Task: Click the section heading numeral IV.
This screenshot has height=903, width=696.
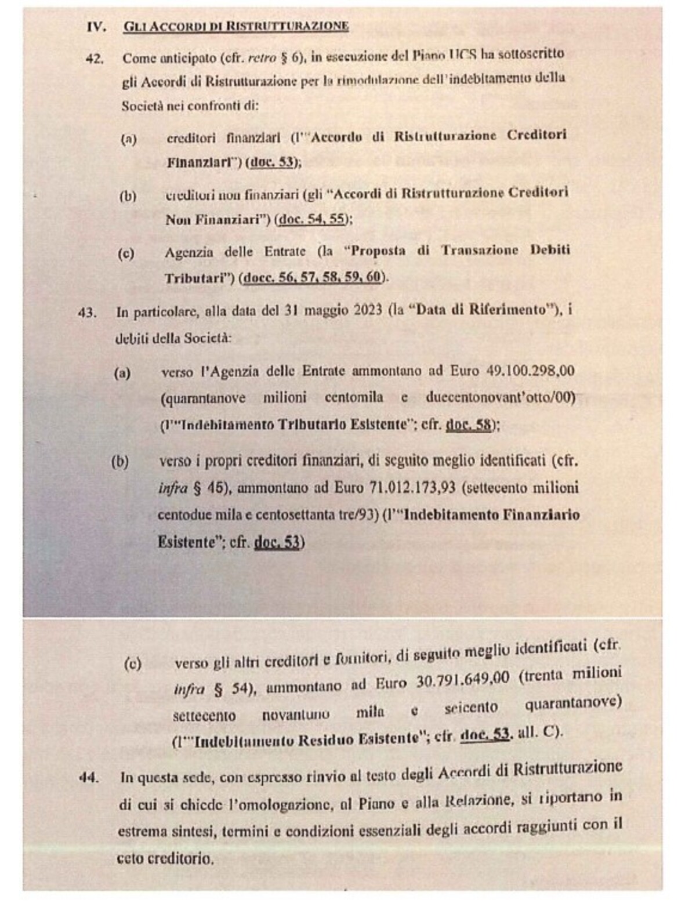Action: [96, 27]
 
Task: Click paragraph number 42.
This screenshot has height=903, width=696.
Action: [94, 59]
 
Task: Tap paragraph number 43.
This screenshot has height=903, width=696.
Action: [87, 313]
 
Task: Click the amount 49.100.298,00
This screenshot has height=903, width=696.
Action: [530, 371]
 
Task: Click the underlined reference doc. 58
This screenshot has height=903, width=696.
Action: [468, 425]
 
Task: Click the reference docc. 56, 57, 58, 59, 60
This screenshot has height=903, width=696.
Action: [314, 277]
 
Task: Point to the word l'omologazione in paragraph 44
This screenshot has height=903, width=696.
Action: [267, 804]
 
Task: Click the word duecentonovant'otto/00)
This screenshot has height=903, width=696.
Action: [500, 398]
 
